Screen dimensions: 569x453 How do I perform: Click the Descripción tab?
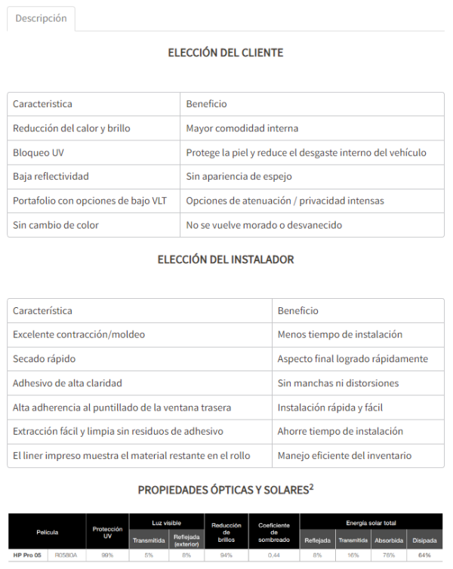click(41, 19)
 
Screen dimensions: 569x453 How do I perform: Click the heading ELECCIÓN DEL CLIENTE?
click(226, 53)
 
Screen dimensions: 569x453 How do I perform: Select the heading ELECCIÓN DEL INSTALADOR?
click(226, 260)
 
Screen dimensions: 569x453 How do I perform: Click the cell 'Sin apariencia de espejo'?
click(239, 177)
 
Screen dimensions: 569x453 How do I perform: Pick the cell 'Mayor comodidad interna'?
click(242, 128)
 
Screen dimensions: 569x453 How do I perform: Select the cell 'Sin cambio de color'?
click(56, 225)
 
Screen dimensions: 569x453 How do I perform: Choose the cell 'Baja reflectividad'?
click(51, 177)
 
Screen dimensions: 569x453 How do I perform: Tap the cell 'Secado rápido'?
click(44, 358)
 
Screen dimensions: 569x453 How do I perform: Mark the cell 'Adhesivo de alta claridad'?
click(67, 383)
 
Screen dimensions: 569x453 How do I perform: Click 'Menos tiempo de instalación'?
click(340, 334)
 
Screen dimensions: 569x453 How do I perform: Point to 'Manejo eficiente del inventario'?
click(344, 455)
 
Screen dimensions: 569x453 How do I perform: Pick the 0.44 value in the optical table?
click(275, 555)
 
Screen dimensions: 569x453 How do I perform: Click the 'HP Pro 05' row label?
click(27, 555)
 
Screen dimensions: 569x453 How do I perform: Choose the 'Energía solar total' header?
click(371, 522)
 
